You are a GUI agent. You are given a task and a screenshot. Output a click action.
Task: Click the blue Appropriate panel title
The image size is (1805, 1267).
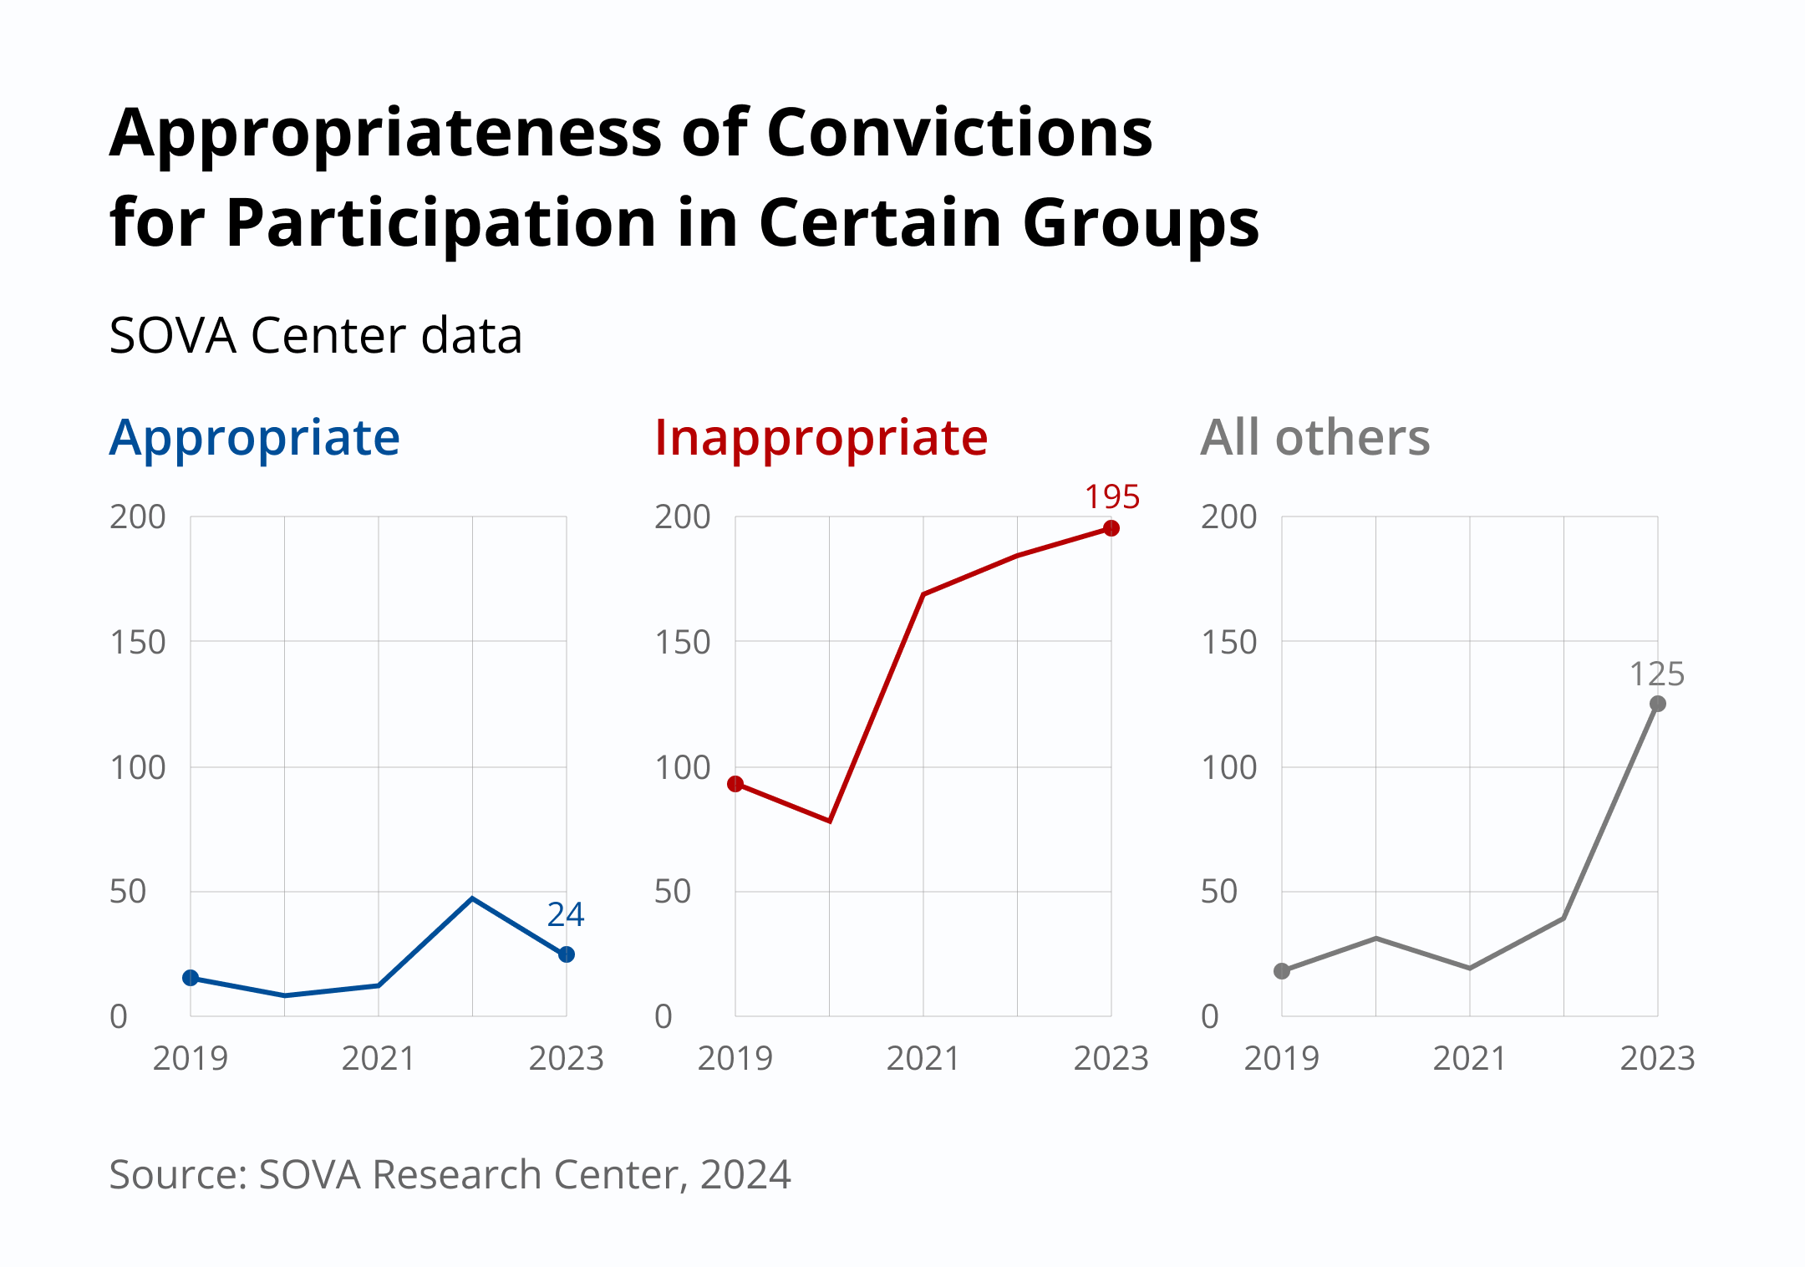255,438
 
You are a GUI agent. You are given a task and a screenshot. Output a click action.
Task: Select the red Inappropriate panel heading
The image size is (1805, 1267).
821,438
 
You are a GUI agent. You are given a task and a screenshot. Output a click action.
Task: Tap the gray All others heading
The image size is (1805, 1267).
1314,438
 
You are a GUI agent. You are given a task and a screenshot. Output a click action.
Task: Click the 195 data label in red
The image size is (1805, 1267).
1111,497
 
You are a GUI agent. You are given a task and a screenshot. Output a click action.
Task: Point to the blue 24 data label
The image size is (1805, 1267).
566,915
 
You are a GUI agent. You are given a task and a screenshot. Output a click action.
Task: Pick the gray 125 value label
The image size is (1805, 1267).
1656,674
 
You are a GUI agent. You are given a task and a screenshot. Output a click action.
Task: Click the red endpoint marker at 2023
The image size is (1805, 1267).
1111,528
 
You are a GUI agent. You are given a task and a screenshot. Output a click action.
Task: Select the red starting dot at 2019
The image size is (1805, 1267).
735,784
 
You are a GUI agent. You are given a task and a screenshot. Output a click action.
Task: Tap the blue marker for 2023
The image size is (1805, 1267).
567,954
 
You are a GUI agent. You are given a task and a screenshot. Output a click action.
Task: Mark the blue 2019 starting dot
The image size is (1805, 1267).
191,978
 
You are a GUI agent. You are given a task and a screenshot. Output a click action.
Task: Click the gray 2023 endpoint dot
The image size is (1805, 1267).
1658,704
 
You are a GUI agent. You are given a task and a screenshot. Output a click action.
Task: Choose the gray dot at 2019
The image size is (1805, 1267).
1282,971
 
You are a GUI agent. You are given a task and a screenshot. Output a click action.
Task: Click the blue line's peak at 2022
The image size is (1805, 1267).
473,898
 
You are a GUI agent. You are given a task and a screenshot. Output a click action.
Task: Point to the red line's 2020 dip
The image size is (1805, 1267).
830,821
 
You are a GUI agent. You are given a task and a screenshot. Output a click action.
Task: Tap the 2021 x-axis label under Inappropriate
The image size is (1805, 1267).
923,1059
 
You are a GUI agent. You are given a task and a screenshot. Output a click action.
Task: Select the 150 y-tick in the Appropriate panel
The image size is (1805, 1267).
138,643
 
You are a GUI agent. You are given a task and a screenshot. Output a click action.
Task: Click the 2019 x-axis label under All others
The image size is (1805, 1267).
1281,1059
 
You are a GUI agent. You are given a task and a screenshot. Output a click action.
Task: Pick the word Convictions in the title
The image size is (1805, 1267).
959,134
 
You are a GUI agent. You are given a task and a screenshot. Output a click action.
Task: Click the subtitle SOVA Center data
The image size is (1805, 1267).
315,336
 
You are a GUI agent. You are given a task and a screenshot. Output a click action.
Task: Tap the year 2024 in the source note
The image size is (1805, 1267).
745,1175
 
